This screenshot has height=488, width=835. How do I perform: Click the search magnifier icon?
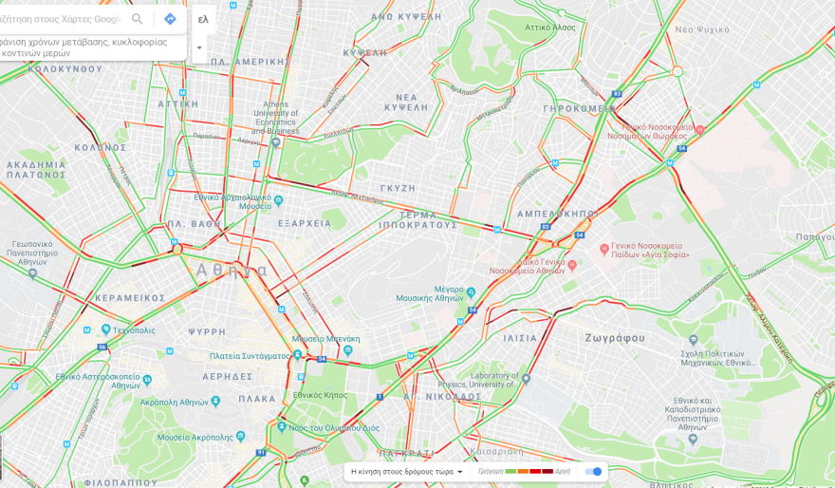(138, 19)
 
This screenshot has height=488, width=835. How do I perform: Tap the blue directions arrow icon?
(170, 19)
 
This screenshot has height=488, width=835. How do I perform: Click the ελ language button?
(203, 19)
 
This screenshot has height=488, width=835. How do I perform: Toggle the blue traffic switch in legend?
(593, 472)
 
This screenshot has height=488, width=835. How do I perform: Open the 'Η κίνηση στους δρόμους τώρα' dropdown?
(407, 472)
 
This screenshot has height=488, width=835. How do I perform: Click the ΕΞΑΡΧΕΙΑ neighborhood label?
(305, 224)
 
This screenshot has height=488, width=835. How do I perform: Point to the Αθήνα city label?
(232, 270)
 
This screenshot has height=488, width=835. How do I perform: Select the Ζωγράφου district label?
(615, 338)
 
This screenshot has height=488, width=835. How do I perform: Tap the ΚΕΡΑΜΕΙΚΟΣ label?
(129, 298)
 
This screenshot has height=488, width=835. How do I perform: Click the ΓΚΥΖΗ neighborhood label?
(398, 189)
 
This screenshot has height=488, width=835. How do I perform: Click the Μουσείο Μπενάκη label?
(325, 339)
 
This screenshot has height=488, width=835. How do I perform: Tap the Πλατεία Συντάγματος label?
(249, 356)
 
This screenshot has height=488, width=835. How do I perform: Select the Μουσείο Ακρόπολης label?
(194, 437)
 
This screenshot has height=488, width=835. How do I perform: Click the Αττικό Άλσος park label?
(550, 28)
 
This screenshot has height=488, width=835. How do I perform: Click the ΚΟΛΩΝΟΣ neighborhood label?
(101, 148)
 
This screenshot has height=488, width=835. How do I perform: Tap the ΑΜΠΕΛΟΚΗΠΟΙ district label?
(557, 214)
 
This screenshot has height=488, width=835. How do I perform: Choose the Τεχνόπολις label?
(133, 330)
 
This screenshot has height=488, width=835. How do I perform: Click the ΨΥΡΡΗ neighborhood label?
(207, 332)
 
